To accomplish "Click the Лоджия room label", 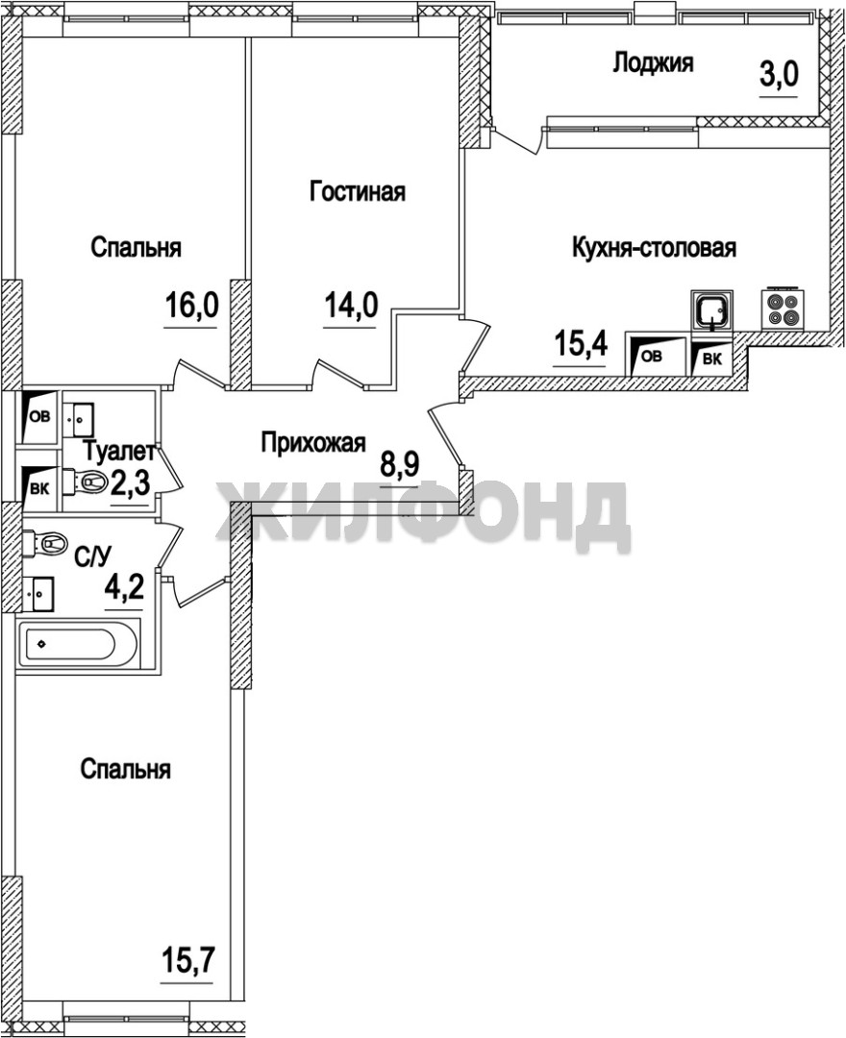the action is click(653, 64).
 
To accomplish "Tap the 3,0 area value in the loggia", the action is click(779, 74).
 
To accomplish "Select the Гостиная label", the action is click(358, 192).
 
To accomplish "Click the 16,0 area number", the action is click(191, 307).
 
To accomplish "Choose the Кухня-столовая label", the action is click(654, 248).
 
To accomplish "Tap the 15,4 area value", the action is click(580, 345).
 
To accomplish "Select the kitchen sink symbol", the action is click(711, 310).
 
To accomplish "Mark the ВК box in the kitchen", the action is click(711, 358).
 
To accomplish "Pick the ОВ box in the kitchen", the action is click(656, 357).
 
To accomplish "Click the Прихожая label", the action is click(313, 442).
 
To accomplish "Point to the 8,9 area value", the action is click(399, 465).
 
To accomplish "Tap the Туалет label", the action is click(121, 453).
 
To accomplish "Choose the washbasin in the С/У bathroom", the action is click(39, 595).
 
